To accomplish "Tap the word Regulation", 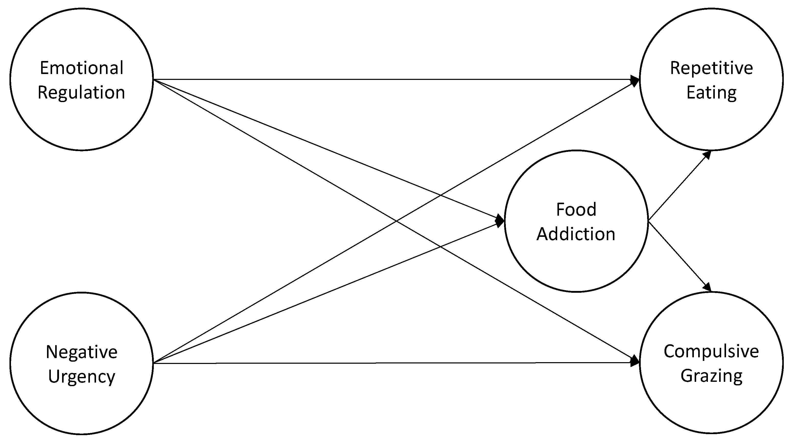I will tap(81, 93).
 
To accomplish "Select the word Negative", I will tap(82, 352).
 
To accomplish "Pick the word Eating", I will tap(711, 93).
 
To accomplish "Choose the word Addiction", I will tap(576, 234).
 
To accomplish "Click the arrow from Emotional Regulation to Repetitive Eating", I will tap(370, 79).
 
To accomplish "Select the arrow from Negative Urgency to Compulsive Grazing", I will tap(370, 363).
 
